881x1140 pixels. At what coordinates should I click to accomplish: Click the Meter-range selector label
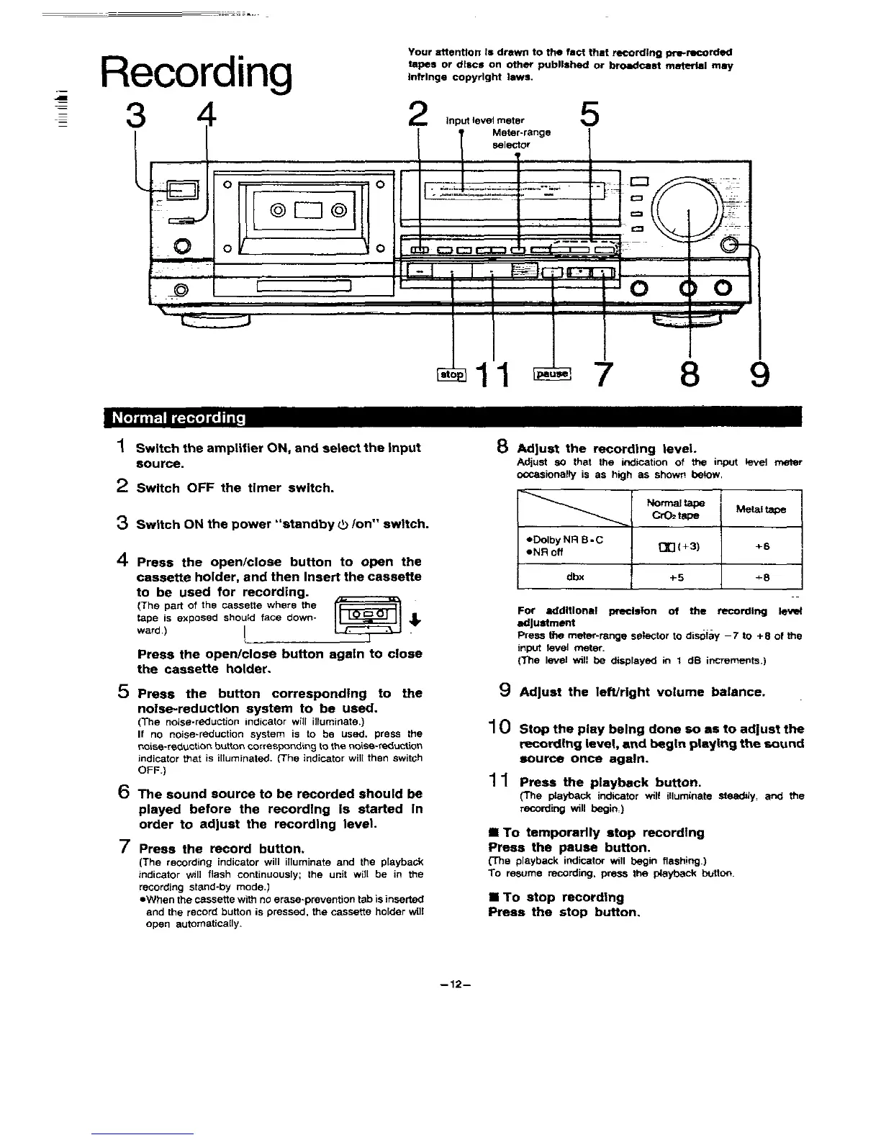(x=521, y=138)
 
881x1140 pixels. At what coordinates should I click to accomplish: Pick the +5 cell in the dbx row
(x=675, y=576)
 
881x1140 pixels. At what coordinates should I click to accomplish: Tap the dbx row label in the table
(x=574, y=576)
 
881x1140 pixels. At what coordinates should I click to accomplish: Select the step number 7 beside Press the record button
(x=124, y=847)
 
